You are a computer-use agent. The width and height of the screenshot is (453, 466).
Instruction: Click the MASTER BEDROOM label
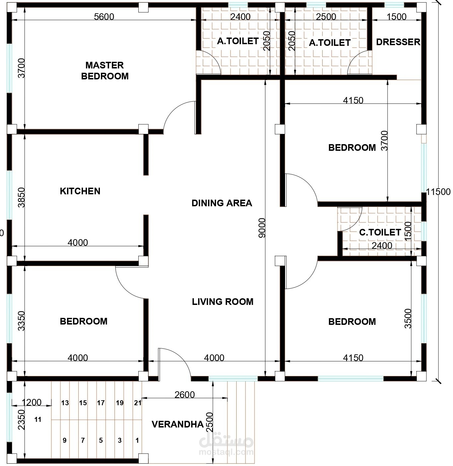pyautogui.click(x=105, y=71)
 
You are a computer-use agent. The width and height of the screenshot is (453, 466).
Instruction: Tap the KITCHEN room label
pyautogui.click(x=80, y=191)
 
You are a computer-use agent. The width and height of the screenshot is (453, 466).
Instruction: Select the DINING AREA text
pyautogui.click(x=222, y=203)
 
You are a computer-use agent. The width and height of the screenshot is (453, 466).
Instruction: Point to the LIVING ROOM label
pyautogui.click(x=223, y=302)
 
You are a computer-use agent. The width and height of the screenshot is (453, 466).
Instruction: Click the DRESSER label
pyautogui.click(x=398, y=42)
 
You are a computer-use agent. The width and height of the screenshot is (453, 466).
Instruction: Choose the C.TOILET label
pyautogui.click(x=380, y=232)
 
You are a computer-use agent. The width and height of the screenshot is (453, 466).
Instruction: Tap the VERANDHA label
pyautogui.click(x=178, y=424)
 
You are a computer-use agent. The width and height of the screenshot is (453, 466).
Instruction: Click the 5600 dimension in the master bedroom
pyautogui.click(x=104, y=17)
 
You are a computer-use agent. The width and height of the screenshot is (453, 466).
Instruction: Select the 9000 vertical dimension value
pyautogui.click(x=262, y=228)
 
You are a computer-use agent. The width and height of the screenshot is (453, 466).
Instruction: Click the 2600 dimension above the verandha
pyautogui.click(x=185, y=395)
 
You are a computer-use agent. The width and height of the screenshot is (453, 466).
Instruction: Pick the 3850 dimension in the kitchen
pyautogui.click(x=21, y=197)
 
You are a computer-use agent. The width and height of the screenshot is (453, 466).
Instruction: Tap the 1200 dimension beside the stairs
pyautogui.click(x=32, y=402)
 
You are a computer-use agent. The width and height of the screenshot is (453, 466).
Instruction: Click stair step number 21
pyautogui.click(x=138, y=403)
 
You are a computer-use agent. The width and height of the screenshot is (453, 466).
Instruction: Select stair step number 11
pyautogui.click(x=38, y=419)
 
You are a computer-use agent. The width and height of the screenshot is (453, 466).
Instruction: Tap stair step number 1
pyautogui.click(x=137, y=440)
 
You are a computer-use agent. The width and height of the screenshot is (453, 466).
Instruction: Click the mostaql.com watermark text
pyautogui.click(x=226, y=452)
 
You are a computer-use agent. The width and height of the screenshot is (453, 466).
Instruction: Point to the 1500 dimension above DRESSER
pyautogui.click(x=397, y=17)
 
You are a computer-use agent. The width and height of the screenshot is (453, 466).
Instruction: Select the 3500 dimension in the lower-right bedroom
pyautogui.click(x=408, y=319)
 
